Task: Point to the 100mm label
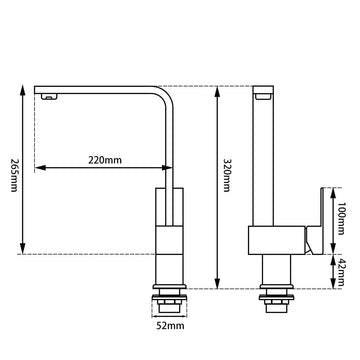pyautogui.click(x=341, y=213)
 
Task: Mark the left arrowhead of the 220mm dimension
pyautogui.click(x=37, y=166)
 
